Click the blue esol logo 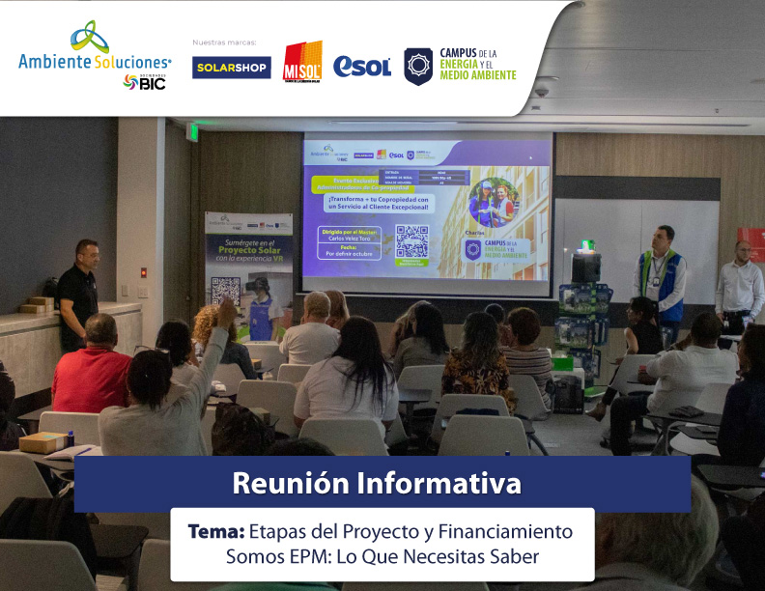(362, 66)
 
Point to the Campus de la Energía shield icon (418, 66)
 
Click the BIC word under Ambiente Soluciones (153, 84)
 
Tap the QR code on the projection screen (411, 241)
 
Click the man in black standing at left (77, 291)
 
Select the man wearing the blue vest (663, 275)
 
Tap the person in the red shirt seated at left (92, 367)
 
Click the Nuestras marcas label (222, 42)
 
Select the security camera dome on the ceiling (542, 90)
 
